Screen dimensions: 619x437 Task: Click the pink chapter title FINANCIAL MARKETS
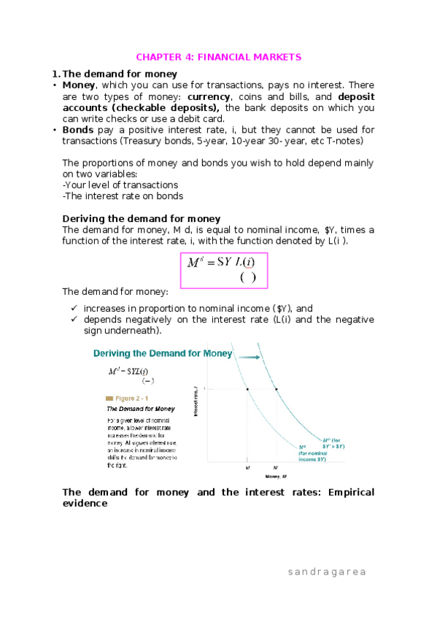click(x=219, y=57)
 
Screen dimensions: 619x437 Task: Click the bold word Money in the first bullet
click(x=80, y=85)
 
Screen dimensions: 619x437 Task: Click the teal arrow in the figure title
click(x=250, y=356)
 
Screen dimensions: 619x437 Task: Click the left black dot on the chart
click(x=247, y=389)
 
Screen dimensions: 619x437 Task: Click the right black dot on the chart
click(x=276, y=389)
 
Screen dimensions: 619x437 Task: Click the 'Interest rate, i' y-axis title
click(x=196, y=402)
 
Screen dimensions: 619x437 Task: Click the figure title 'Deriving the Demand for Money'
click(x=162, y=353)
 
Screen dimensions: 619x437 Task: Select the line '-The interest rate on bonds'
click(x=123, y=196)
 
